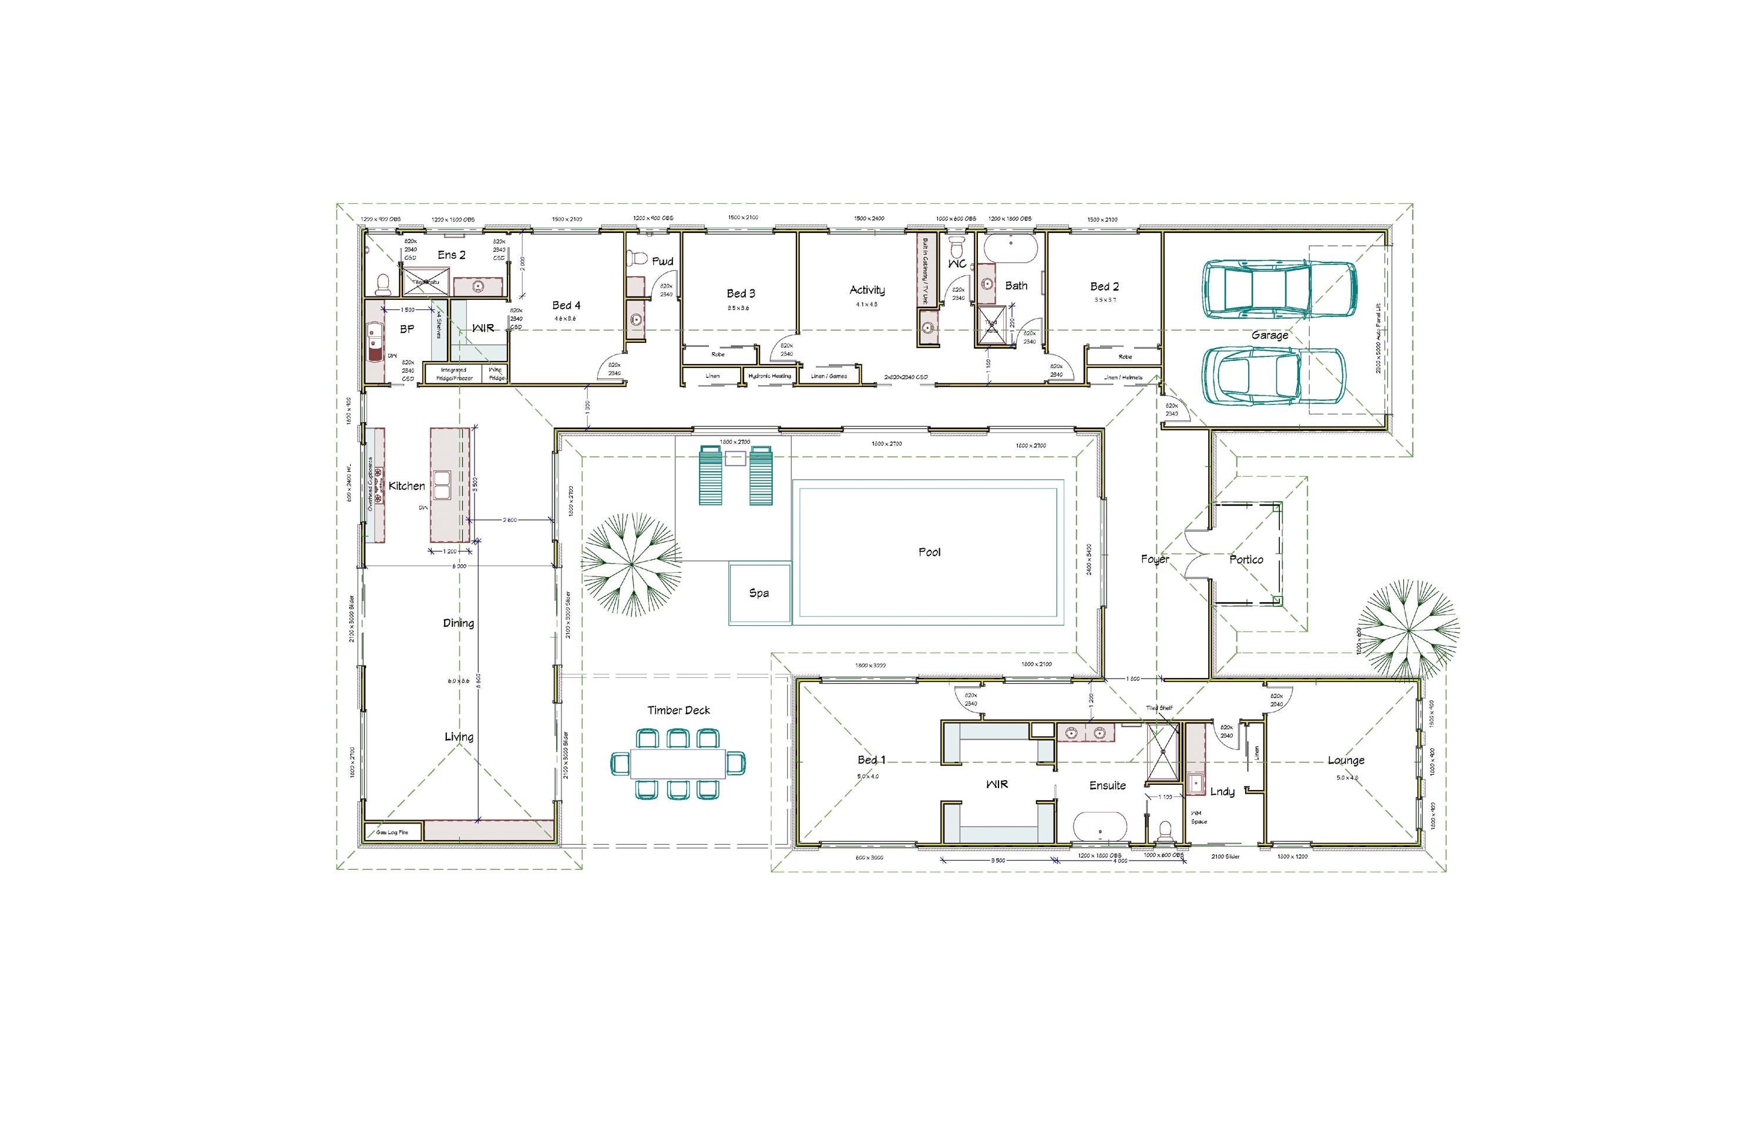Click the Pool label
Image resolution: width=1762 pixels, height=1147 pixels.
(929, 552)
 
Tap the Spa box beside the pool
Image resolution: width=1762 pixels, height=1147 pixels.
(759, 593)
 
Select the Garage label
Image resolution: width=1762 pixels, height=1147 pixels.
(1270, 335)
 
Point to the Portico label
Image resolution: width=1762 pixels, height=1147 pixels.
(1246, 559)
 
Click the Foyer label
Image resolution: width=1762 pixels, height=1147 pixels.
(1154, 559)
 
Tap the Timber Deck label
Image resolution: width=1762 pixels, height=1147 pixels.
(678, 710)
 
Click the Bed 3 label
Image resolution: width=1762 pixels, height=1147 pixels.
(741, 294)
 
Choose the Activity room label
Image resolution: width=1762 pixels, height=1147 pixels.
(867, 290)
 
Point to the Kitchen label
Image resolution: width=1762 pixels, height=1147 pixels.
(406, 486)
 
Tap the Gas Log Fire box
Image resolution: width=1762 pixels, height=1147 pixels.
(392, 832)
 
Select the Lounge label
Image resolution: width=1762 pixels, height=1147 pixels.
(1345, 760)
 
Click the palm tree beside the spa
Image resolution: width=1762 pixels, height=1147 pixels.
(631, 565)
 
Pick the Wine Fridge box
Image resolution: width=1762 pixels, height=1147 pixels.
(496, 374)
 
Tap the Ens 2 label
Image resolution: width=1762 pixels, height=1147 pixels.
(451, 255)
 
